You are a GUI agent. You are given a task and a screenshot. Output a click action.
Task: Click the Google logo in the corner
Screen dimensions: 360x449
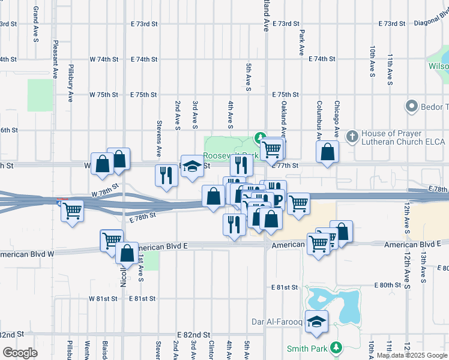[x=20, y=352]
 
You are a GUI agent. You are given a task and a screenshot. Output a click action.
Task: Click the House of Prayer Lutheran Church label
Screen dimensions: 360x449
[x=403, y=137]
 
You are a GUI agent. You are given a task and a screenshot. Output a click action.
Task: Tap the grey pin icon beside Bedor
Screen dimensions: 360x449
[x=411, y=107]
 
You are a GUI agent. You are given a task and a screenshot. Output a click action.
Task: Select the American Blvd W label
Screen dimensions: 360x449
[x=27, y=254]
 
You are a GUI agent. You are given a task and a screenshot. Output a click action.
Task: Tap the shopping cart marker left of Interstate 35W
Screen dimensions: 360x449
[x=72, y=211]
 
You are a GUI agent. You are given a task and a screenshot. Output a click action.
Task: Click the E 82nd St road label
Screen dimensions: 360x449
[x=193, y=334]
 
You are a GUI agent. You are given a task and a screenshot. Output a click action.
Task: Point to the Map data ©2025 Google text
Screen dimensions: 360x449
[x=412, y=355]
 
